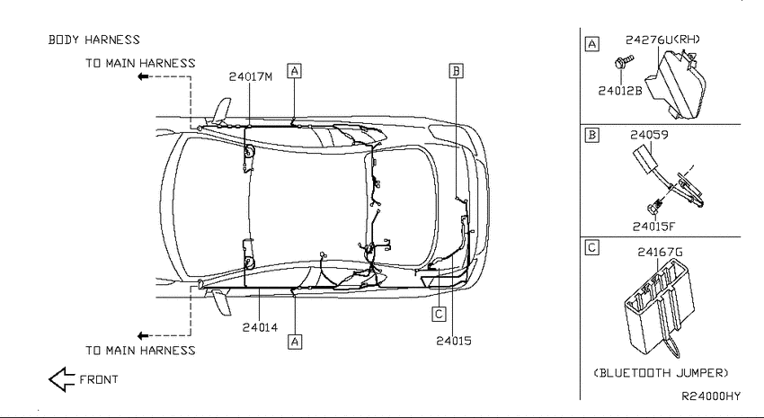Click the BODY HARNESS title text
click(x=94, y=40)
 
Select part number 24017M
click(x=251, y=76)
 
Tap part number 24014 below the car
click(x=260, y=327)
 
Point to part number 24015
click(x=454, y=341)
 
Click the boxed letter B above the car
click(x=456, y=71)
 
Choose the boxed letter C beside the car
click(x=439, y=315)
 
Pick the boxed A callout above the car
click(x=294, y=71)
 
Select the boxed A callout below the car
click(x=295, y=342)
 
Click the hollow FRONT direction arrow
click(x=61, y=379)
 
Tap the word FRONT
click(x=99, y=379)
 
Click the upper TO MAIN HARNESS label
click(x=140, y=63)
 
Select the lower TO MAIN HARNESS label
click(x=140, y=351)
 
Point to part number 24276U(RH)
click(x=662, y=40)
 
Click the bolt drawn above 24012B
click(x=624, y=62)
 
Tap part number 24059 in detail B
click(x=649, y=135)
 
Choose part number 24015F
click(x=653, y=227)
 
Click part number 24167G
click(x=660, y=252)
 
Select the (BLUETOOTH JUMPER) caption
click(x=661, y=373)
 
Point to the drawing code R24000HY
click(x=710, y=396)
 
